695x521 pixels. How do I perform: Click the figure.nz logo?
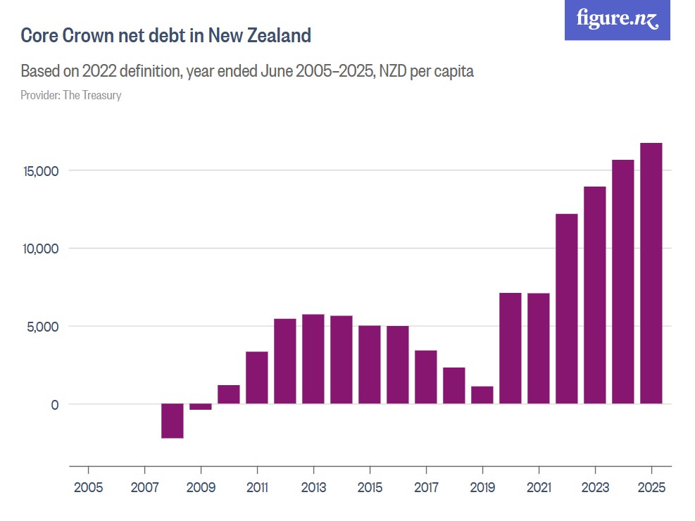[x=617, y=20]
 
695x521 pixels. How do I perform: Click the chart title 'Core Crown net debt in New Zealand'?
[x=165, y=36]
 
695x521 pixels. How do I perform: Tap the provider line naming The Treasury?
[x=71, y=95]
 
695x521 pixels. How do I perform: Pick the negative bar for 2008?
[x=173, y=420]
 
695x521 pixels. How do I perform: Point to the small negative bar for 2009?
[x=201, y=406]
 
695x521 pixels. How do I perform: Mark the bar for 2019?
[x=482, y=395]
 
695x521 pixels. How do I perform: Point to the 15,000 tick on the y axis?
[x=44, y=171]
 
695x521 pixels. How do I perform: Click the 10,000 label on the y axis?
[x=44, y=249]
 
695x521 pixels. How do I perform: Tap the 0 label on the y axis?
[x=52, y=405]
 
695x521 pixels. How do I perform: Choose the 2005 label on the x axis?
[x=88, y=488]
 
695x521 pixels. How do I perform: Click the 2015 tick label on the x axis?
[x=370, y=488]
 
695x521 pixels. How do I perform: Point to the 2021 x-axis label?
[x=539, y=488]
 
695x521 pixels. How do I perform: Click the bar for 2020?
[x=511, y=348]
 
